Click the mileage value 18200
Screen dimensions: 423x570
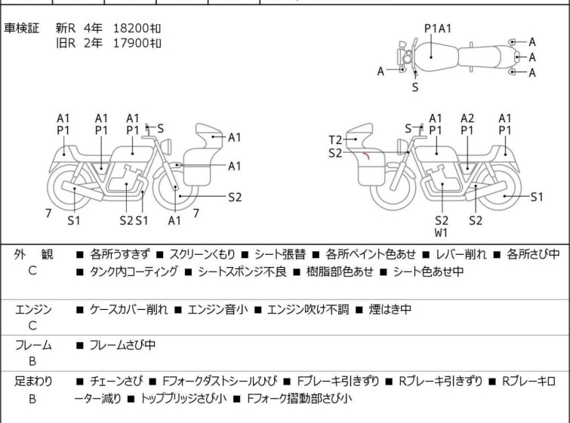click(x=131, y=28)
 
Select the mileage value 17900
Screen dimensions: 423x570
click(x=131, y=42)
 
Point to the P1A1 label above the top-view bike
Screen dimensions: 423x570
click(x=438, y=29)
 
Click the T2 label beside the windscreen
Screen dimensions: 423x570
click(x=335, y=139)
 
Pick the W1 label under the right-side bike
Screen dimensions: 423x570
click(x=442, y=233)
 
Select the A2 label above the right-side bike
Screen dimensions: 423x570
click(x=468, y=118)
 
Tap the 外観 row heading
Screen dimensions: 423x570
click(x=32, y=255)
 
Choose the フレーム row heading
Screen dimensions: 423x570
click(x=32, y=345)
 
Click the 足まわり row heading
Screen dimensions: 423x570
click(x=32, y=382)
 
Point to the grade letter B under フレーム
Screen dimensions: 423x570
click(x=32, y=361)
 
